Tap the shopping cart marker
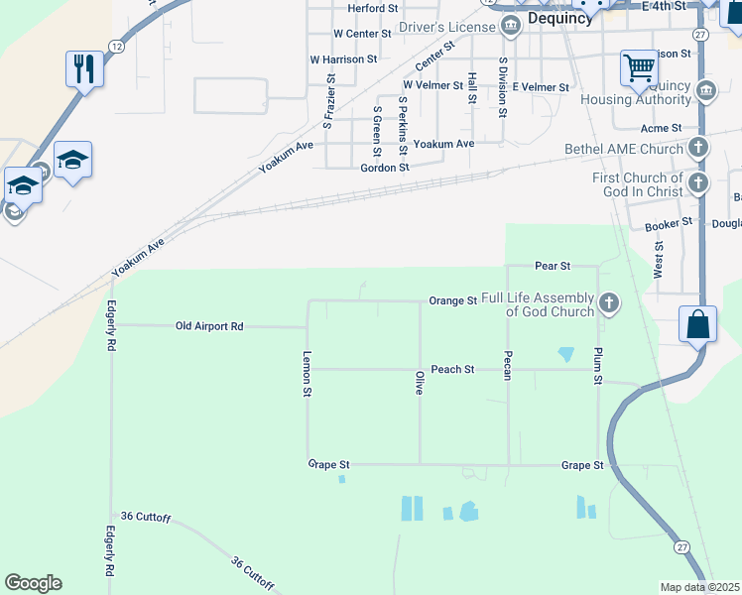click(x=639, y=68)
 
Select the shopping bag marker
click(x=698, y=323)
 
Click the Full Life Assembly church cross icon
click(x=609, y=302)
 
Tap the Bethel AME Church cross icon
click(x=698, y=149)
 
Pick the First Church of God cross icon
click(x=698, y=183)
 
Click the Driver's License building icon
click(x=511, y=27)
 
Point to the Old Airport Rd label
click(x=209, y=325)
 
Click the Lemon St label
click(x=308, y=376)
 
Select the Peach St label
click(x=452, y=369)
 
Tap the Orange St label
click(x=453, y=300)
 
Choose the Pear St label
click(x=553, y=266)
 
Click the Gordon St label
click(x=385, y=168)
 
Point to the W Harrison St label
click(x=343, y=59)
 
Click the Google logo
click(x=33, y=583)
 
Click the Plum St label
click(x=598, y=366)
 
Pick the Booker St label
click(x=668, y=225)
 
